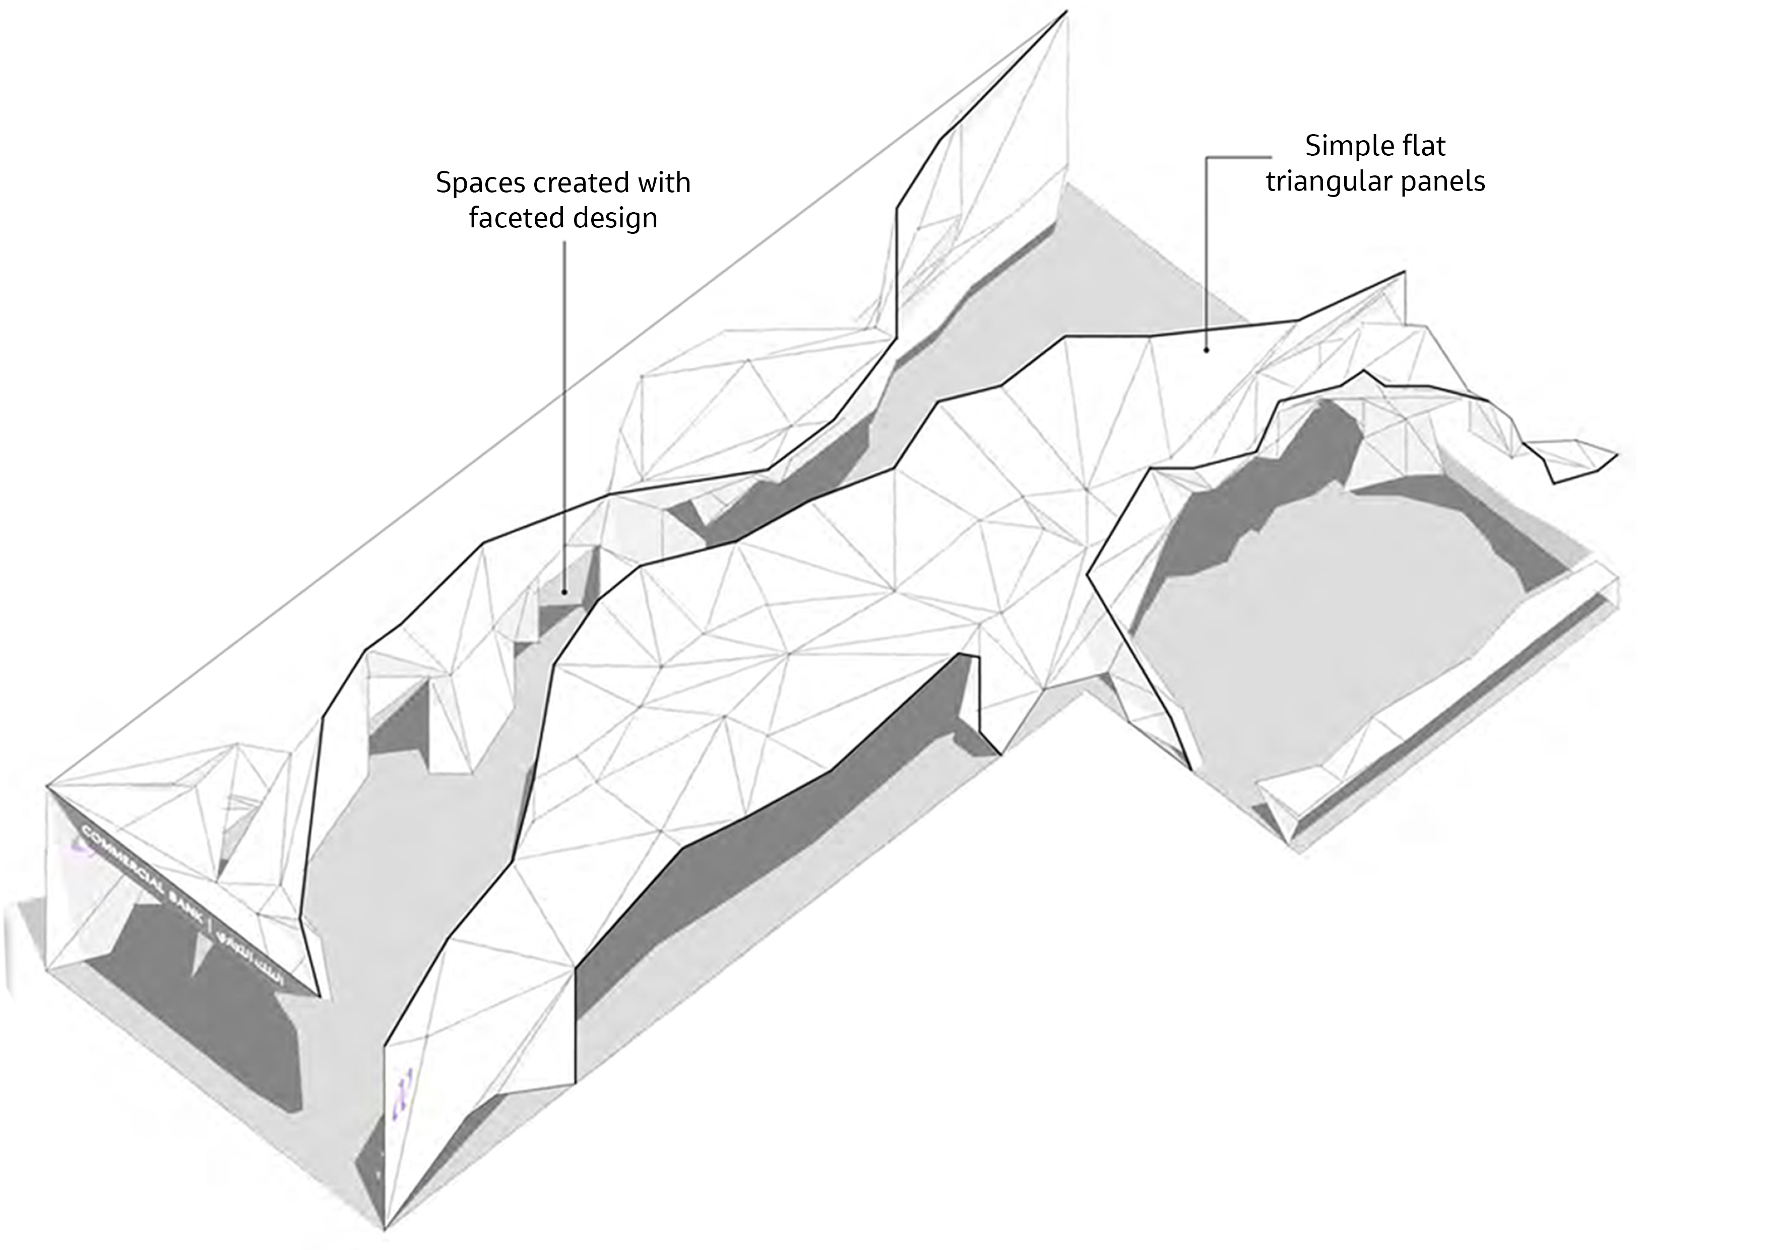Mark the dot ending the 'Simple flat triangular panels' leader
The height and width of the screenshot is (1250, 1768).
tap(1206, 350)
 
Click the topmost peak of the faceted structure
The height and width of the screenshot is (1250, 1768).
tap(1066, 12)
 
